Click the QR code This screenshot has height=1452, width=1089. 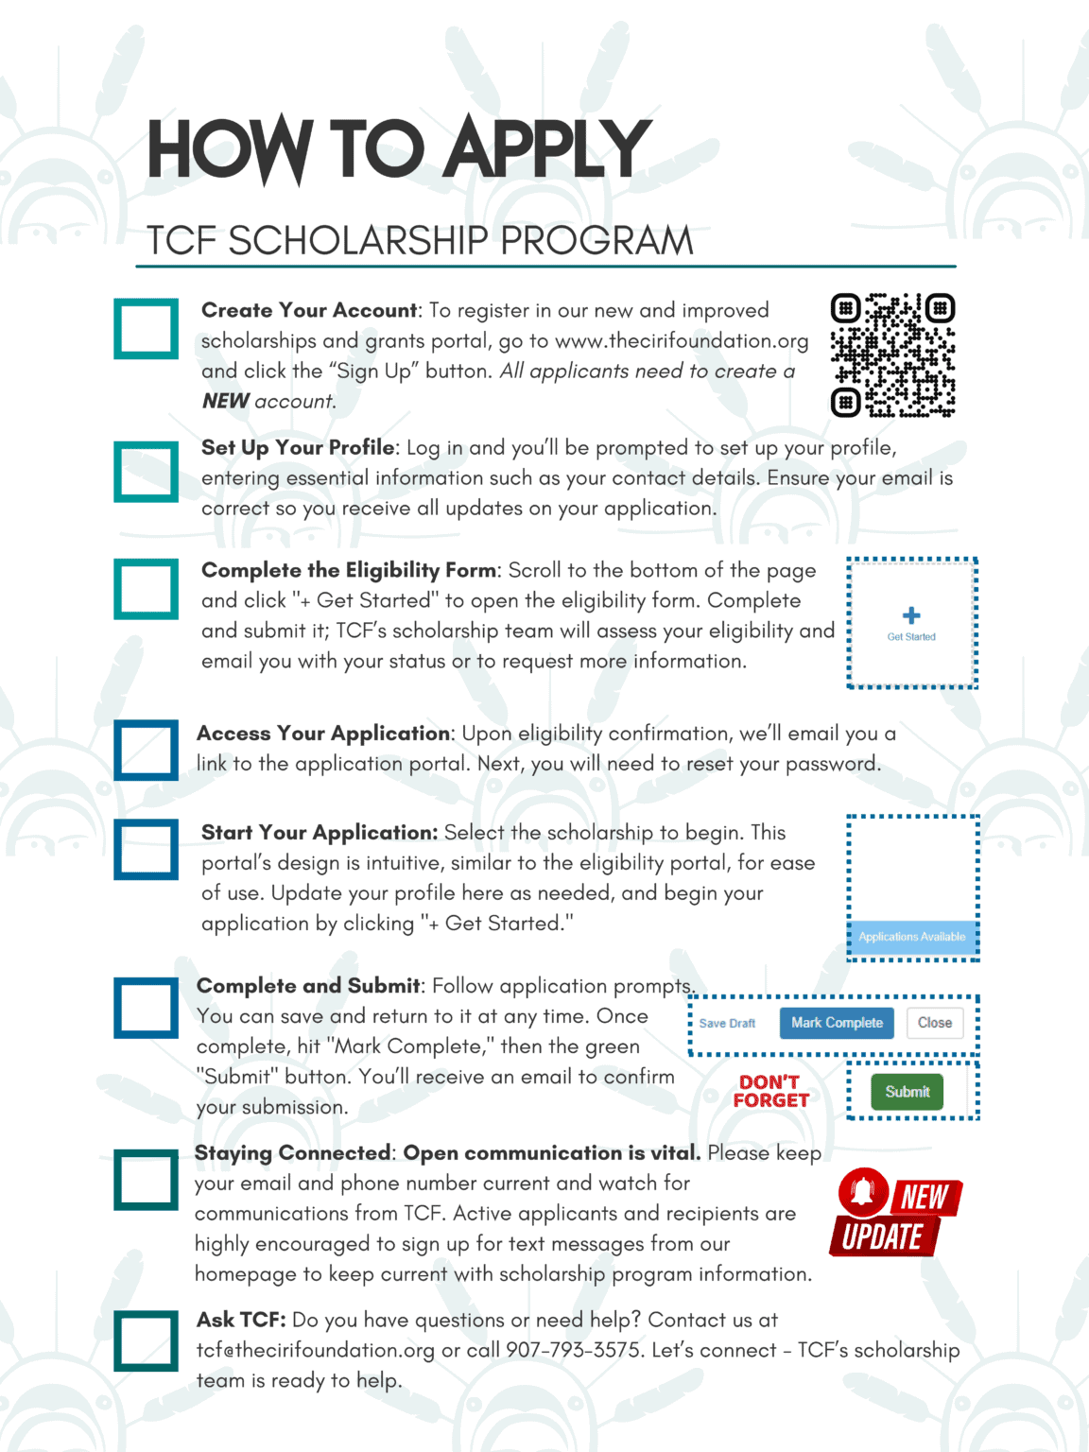click(892, 355)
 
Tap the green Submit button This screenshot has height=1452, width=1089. click(907, 1092)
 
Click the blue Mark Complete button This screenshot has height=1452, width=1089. click(837, 1023)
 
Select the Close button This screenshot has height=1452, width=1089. click(934, 1023)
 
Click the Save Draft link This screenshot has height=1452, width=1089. click(727, 1024)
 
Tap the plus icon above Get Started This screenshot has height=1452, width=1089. click(911, 615)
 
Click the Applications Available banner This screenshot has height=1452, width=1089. click(912, 937)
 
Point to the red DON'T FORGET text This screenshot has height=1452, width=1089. click(770, 1091)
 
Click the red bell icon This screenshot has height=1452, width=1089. click(862, 1192)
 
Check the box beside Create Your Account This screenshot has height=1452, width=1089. click(147, 329)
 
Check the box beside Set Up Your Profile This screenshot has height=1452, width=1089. click(147, 472)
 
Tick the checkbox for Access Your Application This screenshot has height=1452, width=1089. click(147, 751)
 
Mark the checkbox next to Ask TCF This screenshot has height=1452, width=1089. click(147, 1340)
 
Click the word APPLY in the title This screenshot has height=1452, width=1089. click(547, 149)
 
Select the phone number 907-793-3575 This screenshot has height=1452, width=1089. click(573, 1350)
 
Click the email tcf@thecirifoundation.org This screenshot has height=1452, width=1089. click(315, 1350)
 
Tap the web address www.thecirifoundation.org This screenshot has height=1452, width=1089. click(681, 341)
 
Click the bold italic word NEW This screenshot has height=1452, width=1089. click(225, 401)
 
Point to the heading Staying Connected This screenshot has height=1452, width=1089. click(292, 1153)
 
